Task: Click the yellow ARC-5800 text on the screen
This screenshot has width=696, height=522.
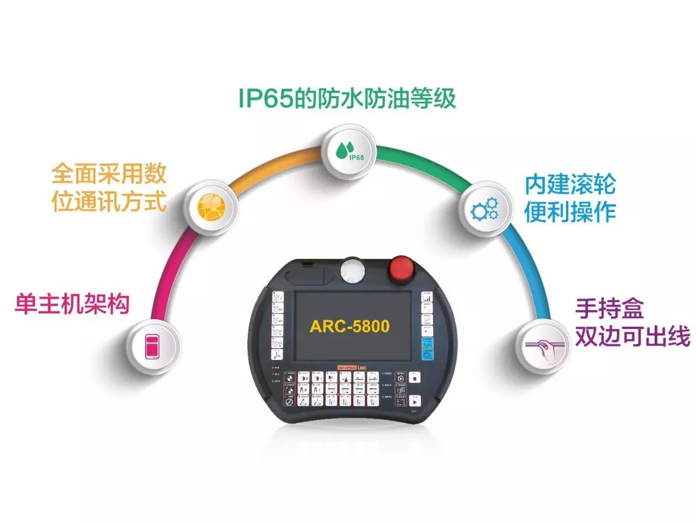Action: coord(350,326)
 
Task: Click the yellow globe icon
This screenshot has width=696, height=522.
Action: coord(210,208)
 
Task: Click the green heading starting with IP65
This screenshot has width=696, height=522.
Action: coord(347,98)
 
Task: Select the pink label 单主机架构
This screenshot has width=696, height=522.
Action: coord(72,303)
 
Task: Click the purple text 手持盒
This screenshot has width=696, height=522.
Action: coord(610,309)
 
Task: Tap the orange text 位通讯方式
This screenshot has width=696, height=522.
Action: coord(109,202)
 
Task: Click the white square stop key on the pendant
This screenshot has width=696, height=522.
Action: coord(415,377)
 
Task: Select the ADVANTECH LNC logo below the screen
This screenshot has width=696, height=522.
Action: coord(352,368)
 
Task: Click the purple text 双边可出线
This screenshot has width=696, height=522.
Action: coord(632,337)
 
